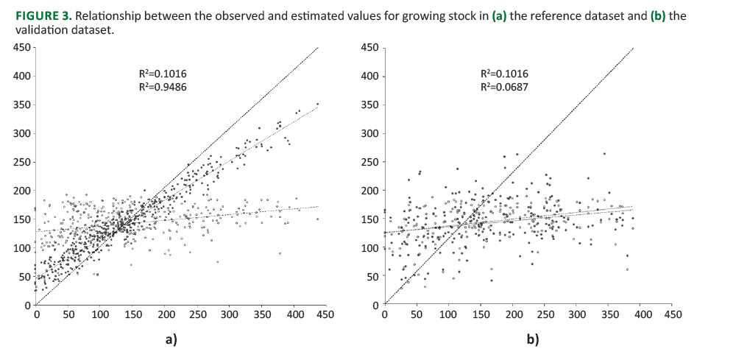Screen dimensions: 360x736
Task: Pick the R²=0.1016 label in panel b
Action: (x=504, y=74)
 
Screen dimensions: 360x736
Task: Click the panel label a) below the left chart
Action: (x=171, y=340)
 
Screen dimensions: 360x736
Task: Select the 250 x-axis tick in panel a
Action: (x=197, y=314)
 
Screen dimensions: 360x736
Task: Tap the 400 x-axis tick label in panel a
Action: (x=294, y=314)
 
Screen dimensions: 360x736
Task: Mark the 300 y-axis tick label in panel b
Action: (x=369, y=134)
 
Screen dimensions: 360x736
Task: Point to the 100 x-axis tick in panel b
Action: (x=448, y=315)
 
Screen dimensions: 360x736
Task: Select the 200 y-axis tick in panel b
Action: (x=369, y=191)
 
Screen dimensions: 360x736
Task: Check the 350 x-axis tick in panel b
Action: (x=609, y=315)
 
